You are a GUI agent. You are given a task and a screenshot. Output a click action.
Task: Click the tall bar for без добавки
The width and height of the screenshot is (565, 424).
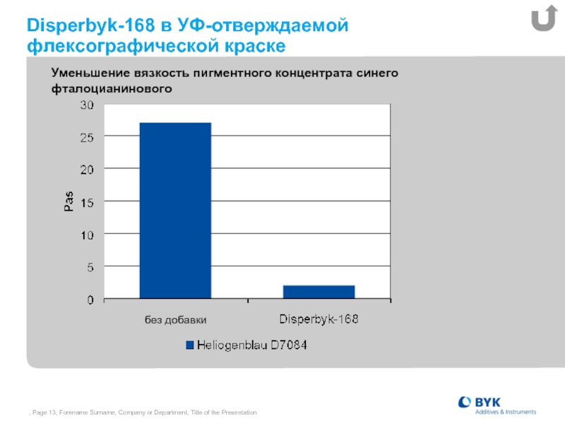pyautogui.click(x=175, y=211)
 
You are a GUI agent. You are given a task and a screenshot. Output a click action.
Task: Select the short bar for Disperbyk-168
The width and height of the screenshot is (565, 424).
pyautogui.click(x=319, y=292)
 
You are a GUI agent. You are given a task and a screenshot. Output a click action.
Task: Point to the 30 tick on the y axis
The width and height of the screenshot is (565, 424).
pyautogui.click(x=87, y=105)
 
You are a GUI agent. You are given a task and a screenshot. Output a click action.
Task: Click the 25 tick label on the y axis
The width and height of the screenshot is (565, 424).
pyautogui.click(x=87, y=137)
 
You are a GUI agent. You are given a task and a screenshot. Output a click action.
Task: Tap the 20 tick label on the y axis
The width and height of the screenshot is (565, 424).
pyautogui.click(x=87, y=170)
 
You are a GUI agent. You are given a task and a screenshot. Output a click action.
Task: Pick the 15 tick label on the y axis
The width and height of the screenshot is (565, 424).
pyautogui.click(x=87, y=203)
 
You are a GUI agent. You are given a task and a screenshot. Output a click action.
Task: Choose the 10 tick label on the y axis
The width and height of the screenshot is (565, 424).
pyautogui.click(x=87, y=235)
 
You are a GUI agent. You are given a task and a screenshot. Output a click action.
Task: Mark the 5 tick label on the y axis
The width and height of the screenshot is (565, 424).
pyautogui.click(x=90, y=268)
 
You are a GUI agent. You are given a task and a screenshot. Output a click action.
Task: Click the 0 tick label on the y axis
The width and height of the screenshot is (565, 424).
pyautogui.click(x=90, y=300)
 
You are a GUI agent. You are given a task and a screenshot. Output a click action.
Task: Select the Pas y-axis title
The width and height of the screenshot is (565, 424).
pyautogui.click(x=69, y=201)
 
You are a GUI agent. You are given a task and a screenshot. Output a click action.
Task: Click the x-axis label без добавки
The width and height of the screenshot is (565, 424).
pyautogui.click(x=175, y=320)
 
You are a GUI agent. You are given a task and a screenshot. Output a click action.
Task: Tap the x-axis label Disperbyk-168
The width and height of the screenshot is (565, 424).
pyautogui.click(x=319, y=319)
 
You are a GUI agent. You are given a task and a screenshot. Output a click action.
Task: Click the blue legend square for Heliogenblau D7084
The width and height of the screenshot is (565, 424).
pyautogui.click(x=189, y=346)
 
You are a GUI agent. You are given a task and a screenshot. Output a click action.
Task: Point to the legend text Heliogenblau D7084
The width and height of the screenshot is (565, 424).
pyautogui.click(x=252, y=345)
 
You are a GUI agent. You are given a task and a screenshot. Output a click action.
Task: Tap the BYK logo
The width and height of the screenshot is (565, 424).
pyautogui.click(x=497, y=406)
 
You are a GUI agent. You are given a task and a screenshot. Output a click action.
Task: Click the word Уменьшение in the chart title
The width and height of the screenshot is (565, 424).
pyautogui.click(x=90, y=73)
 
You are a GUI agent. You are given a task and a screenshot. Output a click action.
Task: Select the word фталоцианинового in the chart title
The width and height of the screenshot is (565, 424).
pyautogui.click(x=112, y=89)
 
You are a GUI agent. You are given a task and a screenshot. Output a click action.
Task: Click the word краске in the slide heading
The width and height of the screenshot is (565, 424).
pyautogui.click(x=255, y=46)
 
